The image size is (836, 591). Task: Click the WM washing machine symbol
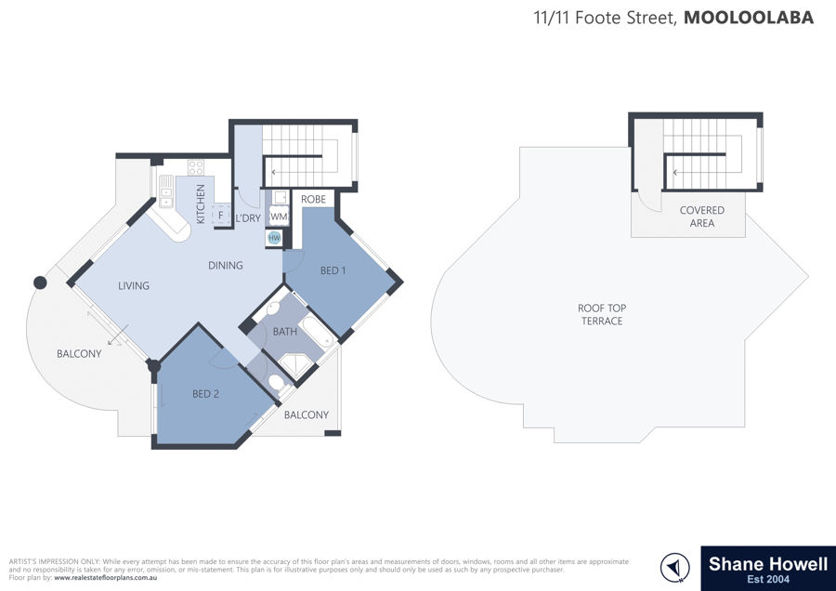tap(279, 217)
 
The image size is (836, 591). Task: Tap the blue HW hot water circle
tap(274, 238)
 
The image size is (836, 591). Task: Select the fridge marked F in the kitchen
tap(221, 215)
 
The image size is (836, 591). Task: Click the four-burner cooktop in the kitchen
tap(196, 167)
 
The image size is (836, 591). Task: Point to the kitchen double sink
tap(166, 190)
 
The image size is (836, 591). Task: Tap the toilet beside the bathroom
tap(276, 381)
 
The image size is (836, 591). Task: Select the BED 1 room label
tap(333, 270)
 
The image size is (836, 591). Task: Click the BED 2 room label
tap(205, 394)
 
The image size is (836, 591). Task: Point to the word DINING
tap(225, 265)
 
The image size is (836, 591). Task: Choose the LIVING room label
tap(133, 286)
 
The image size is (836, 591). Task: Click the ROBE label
tap(313, 199)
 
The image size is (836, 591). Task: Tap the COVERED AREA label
tap(701, 217)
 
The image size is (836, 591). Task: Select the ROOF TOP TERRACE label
tap(602, 314)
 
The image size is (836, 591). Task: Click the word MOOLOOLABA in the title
tap(749, 18)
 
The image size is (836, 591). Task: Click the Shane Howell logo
tap(768, 568)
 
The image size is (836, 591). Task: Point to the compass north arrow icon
tap(675, 567)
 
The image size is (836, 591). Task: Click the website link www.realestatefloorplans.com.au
tap(106, 578)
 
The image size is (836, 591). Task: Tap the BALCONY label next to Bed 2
tap(306, 414)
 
